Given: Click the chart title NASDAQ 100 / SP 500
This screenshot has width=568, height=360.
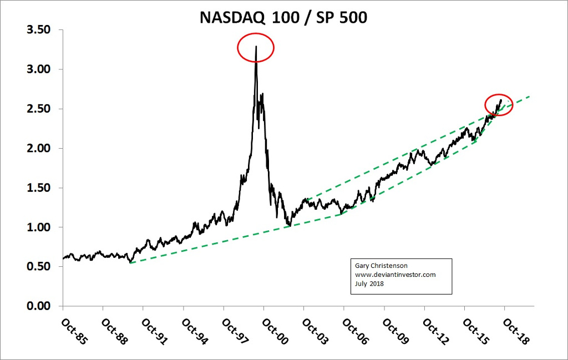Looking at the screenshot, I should [x=283, y=18].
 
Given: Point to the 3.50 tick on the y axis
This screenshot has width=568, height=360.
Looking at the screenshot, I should [x=38, y=30].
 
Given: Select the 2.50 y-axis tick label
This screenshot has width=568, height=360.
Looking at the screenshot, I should [x=38, y=109].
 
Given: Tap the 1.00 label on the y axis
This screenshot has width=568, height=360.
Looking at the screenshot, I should [x=38, y=227].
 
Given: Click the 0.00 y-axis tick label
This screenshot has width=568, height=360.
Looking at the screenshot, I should [x=38, y=306].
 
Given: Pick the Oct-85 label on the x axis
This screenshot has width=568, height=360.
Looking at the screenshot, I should [x=74, y=332].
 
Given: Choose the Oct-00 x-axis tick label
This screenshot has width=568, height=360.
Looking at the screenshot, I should [x=275, y=332].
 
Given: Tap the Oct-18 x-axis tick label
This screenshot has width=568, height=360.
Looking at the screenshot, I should [x=516, y=332].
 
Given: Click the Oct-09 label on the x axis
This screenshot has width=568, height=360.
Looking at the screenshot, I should [x=396, y=332].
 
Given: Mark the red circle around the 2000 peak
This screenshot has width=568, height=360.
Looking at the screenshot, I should [x=256, y=48].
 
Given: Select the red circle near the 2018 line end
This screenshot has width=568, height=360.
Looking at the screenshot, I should [x=498, y=105].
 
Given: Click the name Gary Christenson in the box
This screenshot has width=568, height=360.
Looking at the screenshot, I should [x=381, y=266].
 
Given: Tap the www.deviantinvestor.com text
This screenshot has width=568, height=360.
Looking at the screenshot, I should [x=395, y=275].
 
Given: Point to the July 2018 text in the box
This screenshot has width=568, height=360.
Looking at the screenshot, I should [x=369, y=283].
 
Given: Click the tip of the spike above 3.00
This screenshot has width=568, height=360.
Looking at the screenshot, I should [x=256, y=47].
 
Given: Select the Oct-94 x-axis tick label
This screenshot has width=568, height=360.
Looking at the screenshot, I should [x=195, y=332].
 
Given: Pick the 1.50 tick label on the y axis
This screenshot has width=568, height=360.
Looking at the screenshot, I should [x=38, y=188].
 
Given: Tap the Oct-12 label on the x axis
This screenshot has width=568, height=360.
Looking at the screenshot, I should [x=436, y=332].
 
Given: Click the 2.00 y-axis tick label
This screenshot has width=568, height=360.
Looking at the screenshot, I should [x=38, y=149].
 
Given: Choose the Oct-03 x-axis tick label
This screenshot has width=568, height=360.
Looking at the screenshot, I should [x=315, y=332].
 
